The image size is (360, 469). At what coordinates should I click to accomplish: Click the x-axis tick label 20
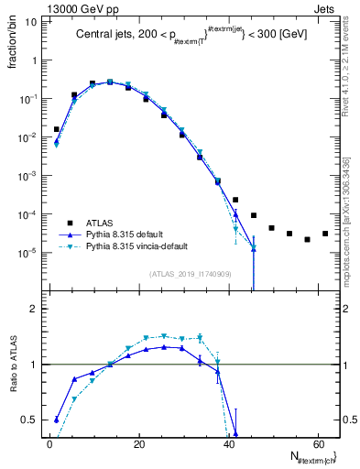138,444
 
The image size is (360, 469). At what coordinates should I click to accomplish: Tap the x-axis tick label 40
227,444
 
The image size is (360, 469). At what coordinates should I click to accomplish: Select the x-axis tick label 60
316,444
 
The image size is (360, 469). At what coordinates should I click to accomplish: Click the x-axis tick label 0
49,444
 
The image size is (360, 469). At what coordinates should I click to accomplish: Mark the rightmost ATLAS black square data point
324,234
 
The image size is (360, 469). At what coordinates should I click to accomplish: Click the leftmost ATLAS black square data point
57,129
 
